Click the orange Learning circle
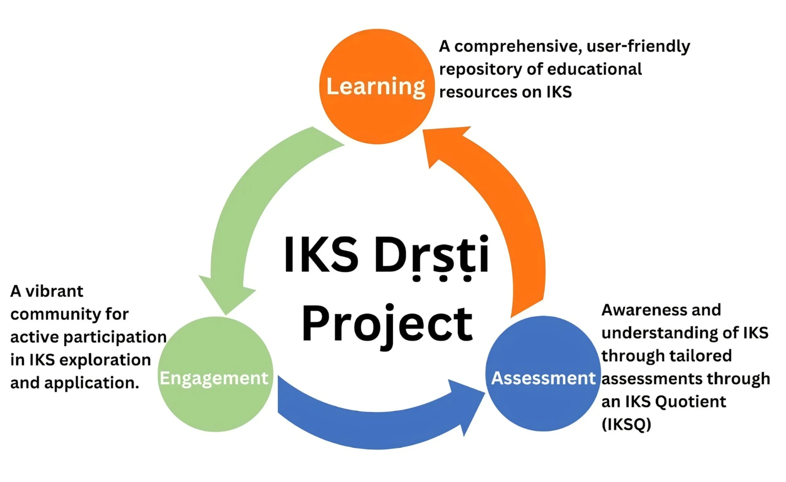[x=377, y=87]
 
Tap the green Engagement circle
[x=216, y=374]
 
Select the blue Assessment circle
[x=543, y=374]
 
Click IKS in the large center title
[x=321, y=254]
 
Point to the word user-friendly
[x=638, y=47]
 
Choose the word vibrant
[x=54, y=291]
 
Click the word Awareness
[x=644, y=310]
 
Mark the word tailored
[x=699, y=356]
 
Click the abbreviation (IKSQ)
[x=626, y=425]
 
